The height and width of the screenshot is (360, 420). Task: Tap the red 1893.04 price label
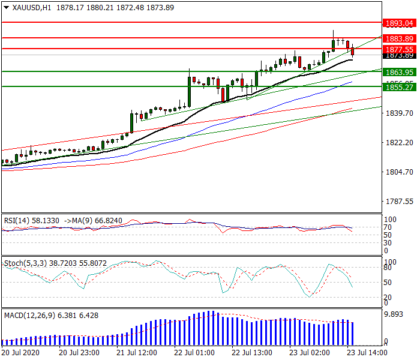pyautogui.click(x=400, y=23)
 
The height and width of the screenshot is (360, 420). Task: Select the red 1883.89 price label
pyautogui.click(x=400, y=38)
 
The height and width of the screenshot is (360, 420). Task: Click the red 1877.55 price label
pyautogui.click(x=400, y=49)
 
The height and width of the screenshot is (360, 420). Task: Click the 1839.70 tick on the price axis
pyautogui.click(x=400, y=113)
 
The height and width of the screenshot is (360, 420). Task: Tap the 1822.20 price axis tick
pyautogui.click(x=400, y=142)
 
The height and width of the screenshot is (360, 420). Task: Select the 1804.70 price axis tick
pyautogui.click(x=400, y=172)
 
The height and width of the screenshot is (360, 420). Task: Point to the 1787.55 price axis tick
pyautogui.click(x=400, y=201)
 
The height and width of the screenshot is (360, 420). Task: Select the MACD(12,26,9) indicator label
pyautogui.click(x=26, y=315)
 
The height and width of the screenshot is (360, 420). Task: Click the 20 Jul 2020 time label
pyautogui.click(x=20, y=352)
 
